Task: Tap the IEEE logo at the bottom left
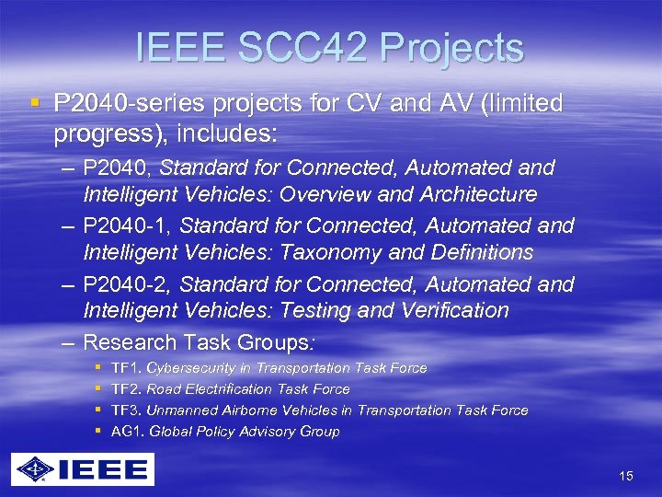click(x=83, y=470)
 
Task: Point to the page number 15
click(x=626, y=476)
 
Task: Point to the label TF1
click(x=124, y=368)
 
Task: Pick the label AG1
click(x=126, y=432)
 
